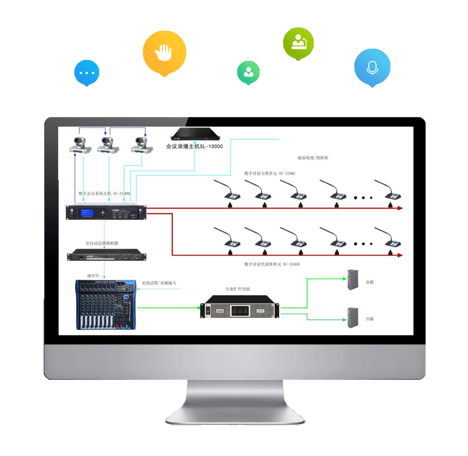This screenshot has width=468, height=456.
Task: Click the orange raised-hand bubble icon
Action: [164, 53]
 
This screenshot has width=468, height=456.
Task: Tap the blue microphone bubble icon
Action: [372, 67]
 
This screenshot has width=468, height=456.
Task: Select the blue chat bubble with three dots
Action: [87, 73]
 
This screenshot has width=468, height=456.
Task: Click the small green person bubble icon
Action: [248, 71]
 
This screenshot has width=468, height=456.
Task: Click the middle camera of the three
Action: [107, 144]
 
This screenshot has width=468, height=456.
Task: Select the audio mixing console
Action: [105, 304]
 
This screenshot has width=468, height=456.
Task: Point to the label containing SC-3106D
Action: [272, 264]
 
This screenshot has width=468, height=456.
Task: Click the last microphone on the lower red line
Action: [391, 242]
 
